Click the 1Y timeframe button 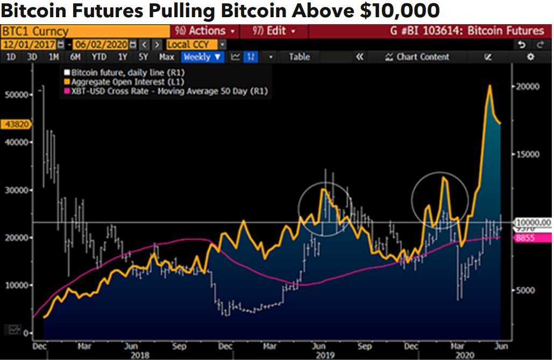(122, 57)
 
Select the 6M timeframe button (75, 57)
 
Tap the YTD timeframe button (98, 57)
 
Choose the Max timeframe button (167, 57)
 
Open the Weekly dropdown (202, 57)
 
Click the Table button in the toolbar (300, 57)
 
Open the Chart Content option (417, 57)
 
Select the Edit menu (275, 31)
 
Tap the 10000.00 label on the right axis (533, 222)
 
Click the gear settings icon (530, 57)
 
